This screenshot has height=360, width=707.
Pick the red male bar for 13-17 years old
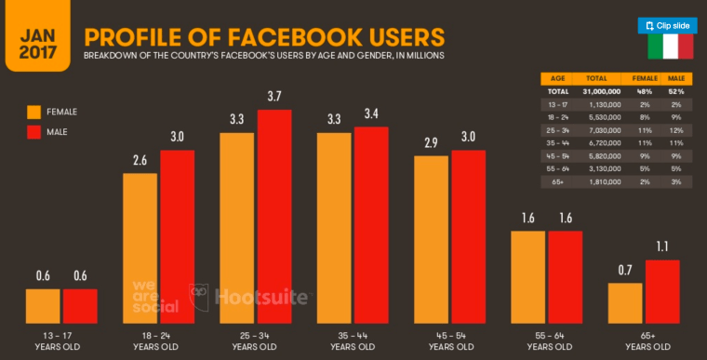[80, 304]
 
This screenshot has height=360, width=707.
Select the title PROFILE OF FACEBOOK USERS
[264, 36]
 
